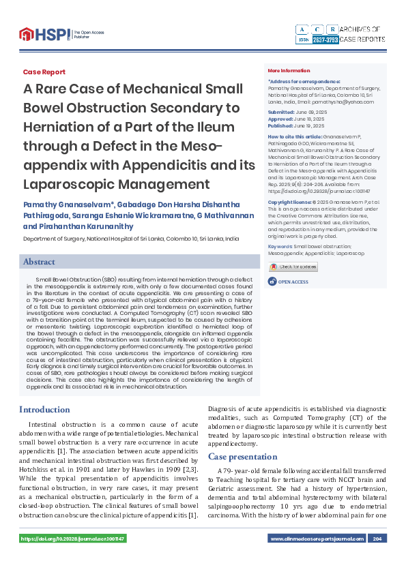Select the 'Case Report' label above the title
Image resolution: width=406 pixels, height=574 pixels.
pyautogui.click(x=44, y=72)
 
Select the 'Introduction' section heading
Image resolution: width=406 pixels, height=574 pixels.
pyautogui.click(x=44, y=410)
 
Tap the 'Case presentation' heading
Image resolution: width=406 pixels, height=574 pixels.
pyautogui.click(x=243, y=456)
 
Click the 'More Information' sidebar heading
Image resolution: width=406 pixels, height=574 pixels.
pyautogui.click(x=289, y=71)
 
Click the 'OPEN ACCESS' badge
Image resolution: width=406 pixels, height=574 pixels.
pyautogui.click(x=291, y=282)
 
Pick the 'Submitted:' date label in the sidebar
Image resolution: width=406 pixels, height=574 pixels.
pyautogui.click(x=281, y=112)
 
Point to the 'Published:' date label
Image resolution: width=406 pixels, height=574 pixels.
pyautogui.click(x=280, y=126)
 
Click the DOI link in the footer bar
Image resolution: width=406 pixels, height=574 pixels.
pyautogui.click(x=72, y=539)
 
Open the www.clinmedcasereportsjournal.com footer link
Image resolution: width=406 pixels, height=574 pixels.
pyautogui.click(x=317, y=539)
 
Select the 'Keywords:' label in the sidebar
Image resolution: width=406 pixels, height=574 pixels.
pyautogui.click(x=280, y=245)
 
